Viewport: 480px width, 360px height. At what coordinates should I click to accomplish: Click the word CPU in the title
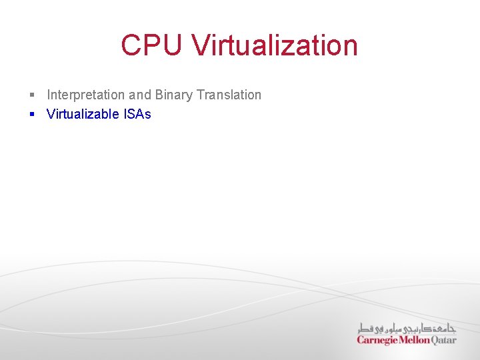pos(152,45)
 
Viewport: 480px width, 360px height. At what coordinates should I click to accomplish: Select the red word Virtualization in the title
pos(275,45)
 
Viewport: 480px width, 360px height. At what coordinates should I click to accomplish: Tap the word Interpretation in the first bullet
pos(85,95)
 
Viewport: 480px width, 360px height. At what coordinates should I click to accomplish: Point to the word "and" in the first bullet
pos(140,95)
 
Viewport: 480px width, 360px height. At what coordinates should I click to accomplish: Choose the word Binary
pos(174,95)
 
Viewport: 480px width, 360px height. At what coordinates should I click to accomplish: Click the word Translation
pos(229,95)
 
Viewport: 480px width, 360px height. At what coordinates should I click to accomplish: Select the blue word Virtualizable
pos(83,114)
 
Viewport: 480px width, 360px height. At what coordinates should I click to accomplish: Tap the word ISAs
pos(137,114)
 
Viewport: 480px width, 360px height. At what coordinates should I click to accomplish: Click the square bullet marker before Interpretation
pos(31,95)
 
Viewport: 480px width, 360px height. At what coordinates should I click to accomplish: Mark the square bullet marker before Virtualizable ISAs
pos(31,114)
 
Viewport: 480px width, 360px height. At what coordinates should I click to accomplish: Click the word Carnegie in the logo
pos(377,340)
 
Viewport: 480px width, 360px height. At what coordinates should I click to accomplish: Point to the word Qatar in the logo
pos(445,340)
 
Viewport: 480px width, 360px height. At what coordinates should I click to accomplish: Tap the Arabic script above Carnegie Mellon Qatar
pos(407,328)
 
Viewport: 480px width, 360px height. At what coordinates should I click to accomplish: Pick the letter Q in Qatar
pos(436,340)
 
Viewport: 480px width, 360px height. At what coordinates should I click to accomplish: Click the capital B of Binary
pos(159,95)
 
